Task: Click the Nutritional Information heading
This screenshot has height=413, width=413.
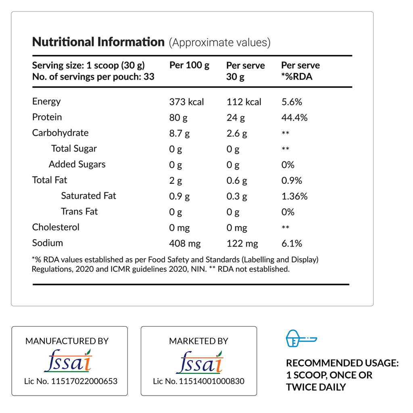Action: point(98,42)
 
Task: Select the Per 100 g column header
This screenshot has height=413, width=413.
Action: point(189,66)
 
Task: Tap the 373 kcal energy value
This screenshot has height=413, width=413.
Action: point(186,102)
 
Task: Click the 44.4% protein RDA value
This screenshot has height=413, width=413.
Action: point(294,118)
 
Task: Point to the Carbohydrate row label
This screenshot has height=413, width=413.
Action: point(60,133)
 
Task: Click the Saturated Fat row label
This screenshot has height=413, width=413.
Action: point(88,196)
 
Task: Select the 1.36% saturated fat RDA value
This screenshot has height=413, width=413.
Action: point(294,196)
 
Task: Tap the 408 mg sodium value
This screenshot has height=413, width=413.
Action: point(185,244)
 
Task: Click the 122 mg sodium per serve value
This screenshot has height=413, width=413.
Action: point(242,244)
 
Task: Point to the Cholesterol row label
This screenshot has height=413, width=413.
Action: point(56,227)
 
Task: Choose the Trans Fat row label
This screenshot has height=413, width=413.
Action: point(79,212)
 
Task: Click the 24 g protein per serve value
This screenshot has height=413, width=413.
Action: point(236,118)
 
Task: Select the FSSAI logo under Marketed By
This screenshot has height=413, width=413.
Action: point(199,361)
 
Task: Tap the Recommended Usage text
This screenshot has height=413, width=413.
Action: point(342,375)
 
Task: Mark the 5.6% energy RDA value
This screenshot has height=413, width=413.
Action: point(292,102)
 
